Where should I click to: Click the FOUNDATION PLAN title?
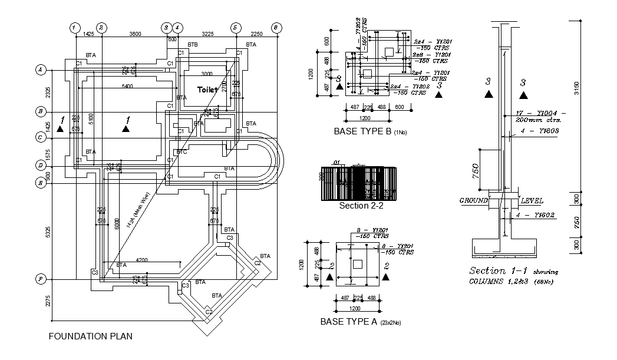[x=90, y=336]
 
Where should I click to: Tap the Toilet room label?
[x=208, y=90]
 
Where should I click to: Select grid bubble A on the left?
[x=41, y=70]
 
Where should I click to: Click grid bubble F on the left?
[x=41, y=278]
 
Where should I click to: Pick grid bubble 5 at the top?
[x=235, y=28]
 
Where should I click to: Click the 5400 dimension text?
[x=127, y=86]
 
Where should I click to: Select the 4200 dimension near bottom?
[x=141, y=259]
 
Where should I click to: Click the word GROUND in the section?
[x=474, y=200]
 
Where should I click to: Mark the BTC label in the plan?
[x=183, y=152]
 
